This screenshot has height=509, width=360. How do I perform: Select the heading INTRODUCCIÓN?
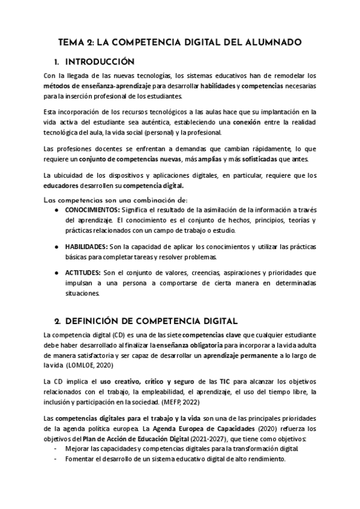pos(99,62)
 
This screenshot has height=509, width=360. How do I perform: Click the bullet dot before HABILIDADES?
pos(56,247)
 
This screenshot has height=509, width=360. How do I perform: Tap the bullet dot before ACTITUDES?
pos(56,273)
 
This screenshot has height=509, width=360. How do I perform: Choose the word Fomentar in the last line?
pos(83,459)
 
